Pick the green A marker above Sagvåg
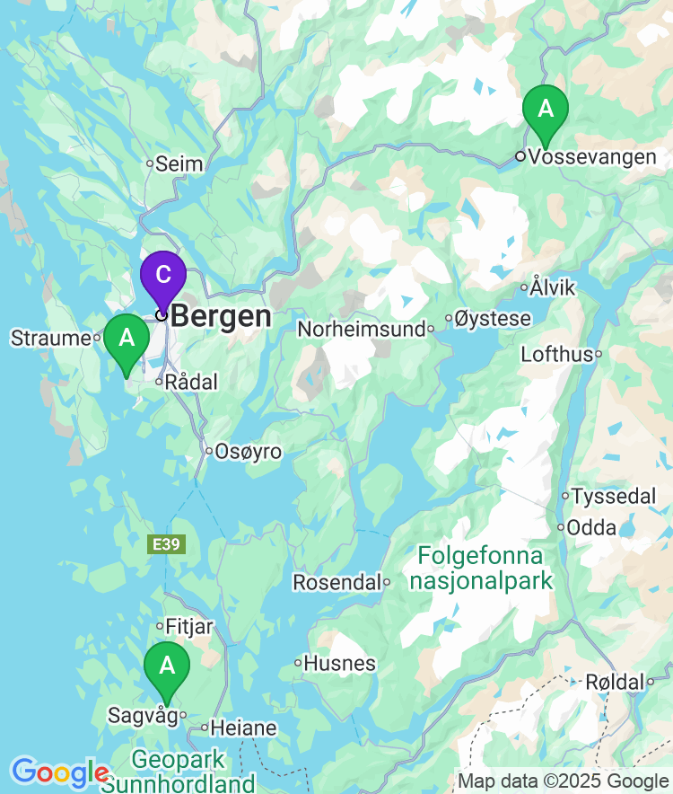click(x=167, y=667)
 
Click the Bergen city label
click(x=221, y=316)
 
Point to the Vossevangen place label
click(x=592, y=157)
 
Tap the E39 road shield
click(x=167, y=544)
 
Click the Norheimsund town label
click(x=361, y=330)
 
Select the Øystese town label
click(x=493, y=319)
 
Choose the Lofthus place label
click(x=556, y=354)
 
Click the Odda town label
click(x=593, y=527)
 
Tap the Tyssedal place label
click(x=614, y=496)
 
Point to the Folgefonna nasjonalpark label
click(x=481, y=569)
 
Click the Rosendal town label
click(x=336, y=583)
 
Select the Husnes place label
click(x=340, y=664)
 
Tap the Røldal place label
click(x=614, y=683)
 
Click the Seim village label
click(x=179, y=164)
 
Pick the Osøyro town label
click(x=248, y=452)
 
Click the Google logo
click(x=59, y=772)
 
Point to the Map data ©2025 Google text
click(x=564, y=781)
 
